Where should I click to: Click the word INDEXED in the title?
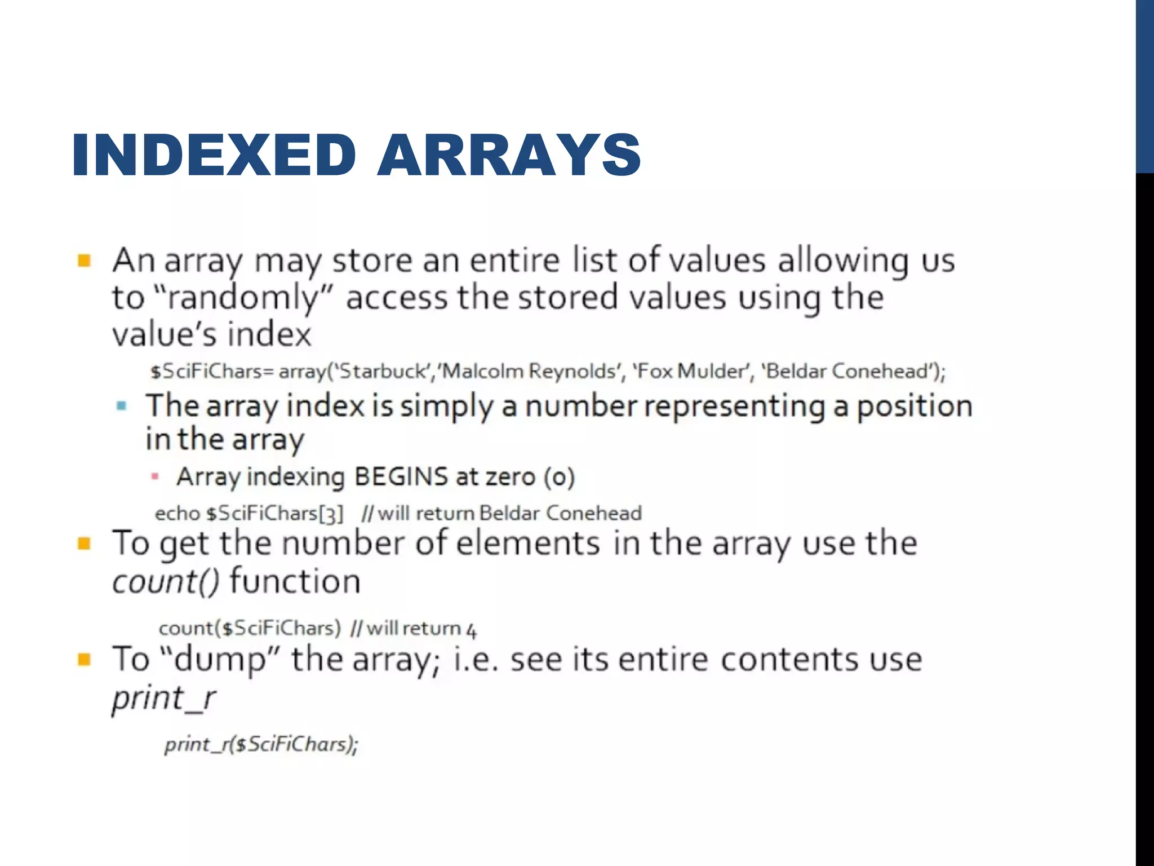click(214, 155)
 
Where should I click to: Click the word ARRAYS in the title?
click(509, 155)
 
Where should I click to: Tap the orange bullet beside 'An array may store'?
click(85, 260)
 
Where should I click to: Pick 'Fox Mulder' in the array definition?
click(694, 372)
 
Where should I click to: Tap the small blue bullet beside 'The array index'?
click(121, 405)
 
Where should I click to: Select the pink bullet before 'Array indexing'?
click(155, 477)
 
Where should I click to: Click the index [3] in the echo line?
click(331, 514)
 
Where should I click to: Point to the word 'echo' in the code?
click(177, 514)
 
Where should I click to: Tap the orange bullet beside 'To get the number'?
click(85, 544)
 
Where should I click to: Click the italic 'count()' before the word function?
click(166, 581)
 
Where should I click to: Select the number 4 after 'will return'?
click(471, 629)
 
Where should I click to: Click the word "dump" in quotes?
click(220, 659)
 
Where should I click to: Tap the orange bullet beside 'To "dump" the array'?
click(85, 659)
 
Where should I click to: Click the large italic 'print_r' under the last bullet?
click(163, 699)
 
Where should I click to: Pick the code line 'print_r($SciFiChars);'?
click(261, 745)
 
